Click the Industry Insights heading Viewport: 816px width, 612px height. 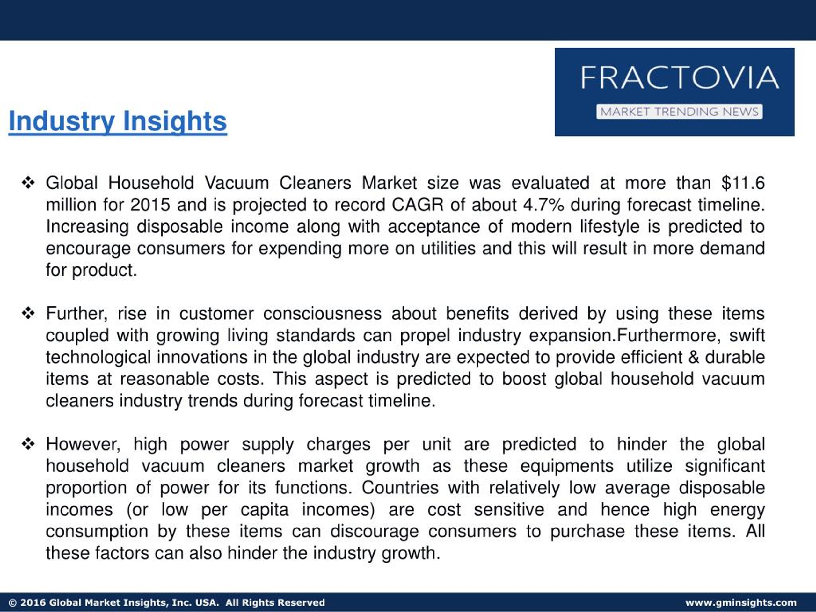pyautogui.click(x=117, y=121)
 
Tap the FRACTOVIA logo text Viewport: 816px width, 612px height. pyautogui.click(x=680, y=77)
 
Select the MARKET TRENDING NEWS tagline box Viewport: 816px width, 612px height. pyautogui.click(x=679, y=112)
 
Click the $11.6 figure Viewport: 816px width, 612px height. pyautogui.click(x=743, y=183)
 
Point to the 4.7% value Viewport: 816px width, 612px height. pyautogui.click(x=543, y=205)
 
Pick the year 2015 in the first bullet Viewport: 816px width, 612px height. pyautogui.click(x=150, y=205)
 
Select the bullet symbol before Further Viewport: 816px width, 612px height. pyautogui.click(x=28, y=314)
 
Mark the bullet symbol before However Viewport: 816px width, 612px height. pyautogui.click(x=28, y=444)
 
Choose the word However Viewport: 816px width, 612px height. pyautogui.click(x=83, y=444)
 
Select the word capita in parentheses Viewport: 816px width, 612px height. pyautogui.click(x=264, y=509)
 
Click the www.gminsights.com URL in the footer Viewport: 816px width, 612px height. pyautogui.click(x=741, y=602)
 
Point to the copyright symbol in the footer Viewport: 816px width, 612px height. pyautogui.click(x=12, y=603)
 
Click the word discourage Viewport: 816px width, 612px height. pyautogui.click(x=375, y=531)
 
